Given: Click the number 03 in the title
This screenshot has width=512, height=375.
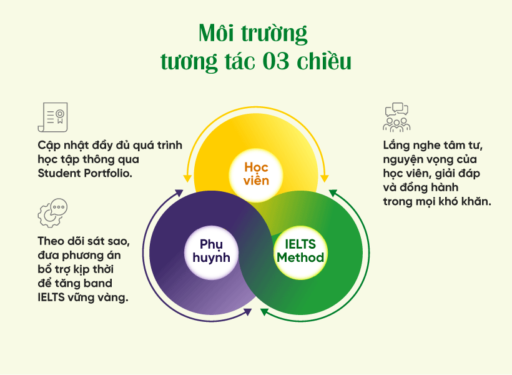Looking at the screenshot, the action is click(x=276, y=61).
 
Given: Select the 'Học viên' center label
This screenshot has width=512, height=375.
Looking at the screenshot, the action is click(x=257, y=174).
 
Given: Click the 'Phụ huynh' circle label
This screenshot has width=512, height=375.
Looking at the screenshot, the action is click(x=211, y=251).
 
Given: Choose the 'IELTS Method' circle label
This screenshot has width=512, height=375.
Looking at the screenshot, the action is click(x=300, y=251).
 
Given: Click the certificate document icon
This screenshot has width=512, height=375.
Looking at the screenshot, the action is click(x=53, y=117).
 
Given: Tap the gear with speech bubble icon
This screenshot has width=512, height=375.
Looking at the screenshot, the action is click(x=52, y=213).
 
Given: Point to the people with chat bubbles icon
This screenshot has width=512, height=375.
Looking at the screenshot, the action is click(x=396, y=117).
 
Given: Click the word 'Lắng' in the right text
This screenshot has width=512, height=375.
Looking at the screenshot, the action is click(x=396, y=146).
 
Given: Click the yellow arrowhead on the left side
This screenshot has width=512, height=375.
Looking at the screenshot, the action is click(x=187, y=179).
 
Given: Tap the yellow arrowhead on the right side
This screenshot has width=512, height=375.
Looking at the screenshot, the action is click(x=324, y=179).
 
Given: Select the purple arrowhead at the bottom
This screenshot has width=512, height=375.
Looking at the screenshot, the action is click(x=248, y=312).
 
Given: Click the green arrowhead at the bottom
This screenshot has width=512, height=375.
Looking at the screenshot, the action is click(x=264, y=312).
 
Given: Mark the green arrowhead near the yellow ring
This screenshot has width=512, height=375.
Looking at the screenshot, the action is click(x=333, y=193).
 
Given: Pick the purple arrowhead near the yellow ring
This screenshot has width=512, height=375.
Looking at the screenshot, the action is click(x=179, y=193).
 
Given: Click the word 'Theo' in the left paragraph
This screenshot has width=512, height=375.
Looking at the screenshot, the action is click(x=51, y=241).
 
